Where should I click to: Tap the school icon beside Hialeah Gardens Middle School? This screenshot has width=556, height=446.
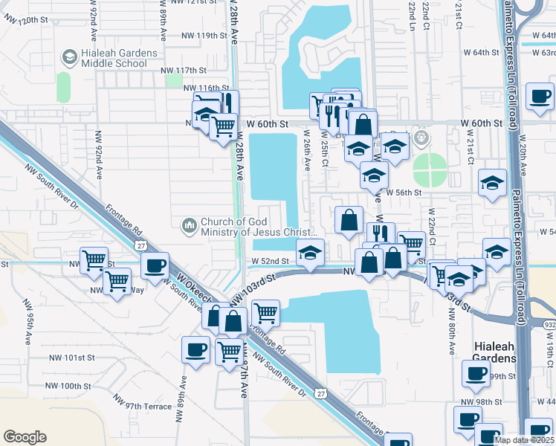pos(69,57)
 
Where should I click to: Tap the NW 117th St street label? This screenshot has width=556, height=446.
pos(182,70)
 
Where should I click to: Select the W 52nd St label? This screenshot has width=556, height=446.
pos(269,261)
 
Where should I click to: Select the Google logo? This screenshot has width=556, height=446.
pos(25,436)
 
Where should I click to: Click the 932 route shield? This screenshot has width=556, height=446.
pos(548,326)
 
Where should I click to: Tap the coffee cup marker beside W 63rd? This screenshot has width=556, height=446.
pos(540,96)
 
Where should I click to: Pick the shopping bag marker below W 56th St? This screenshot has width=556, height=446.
pos(349,220)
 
